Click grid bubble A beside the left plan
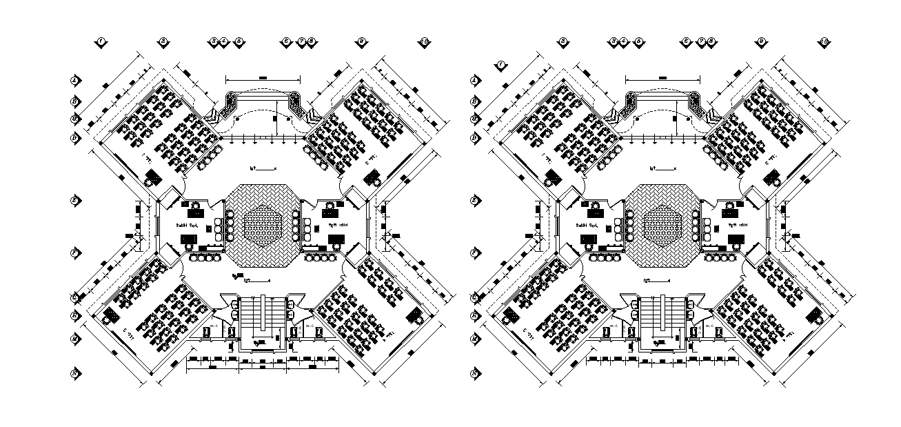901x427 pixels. coord(74,80)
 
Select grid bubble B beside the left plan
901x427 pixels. coord(74,101)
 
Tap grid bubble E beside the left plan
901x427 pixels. coord(74,201)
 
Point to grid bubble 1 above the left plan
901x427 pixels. coord(101,42)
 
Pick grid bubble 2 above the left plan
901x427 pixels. coord(164,42)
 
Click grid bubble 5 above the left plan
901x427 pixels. coord(239,42)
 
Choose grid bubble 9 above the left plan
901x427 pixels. coord(361,42)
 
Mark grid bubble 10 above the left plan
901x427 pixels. coord(425,42)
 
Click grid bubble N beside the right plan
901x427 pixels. coord(474,373)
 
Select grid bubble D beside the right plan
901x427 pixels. coord(474,138)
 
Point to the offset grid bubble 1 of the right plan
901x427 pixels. coord(501,66)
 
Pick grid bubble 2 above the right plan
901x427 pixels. coord(563,42)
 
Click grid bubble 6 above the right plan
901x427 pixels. coord(686,42)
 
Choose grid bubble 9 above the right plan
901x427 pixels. coord(761,42)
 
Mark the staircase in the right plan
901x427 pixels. coord(663,317)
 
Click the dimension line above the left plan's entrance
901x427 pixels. coord(263,80)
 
